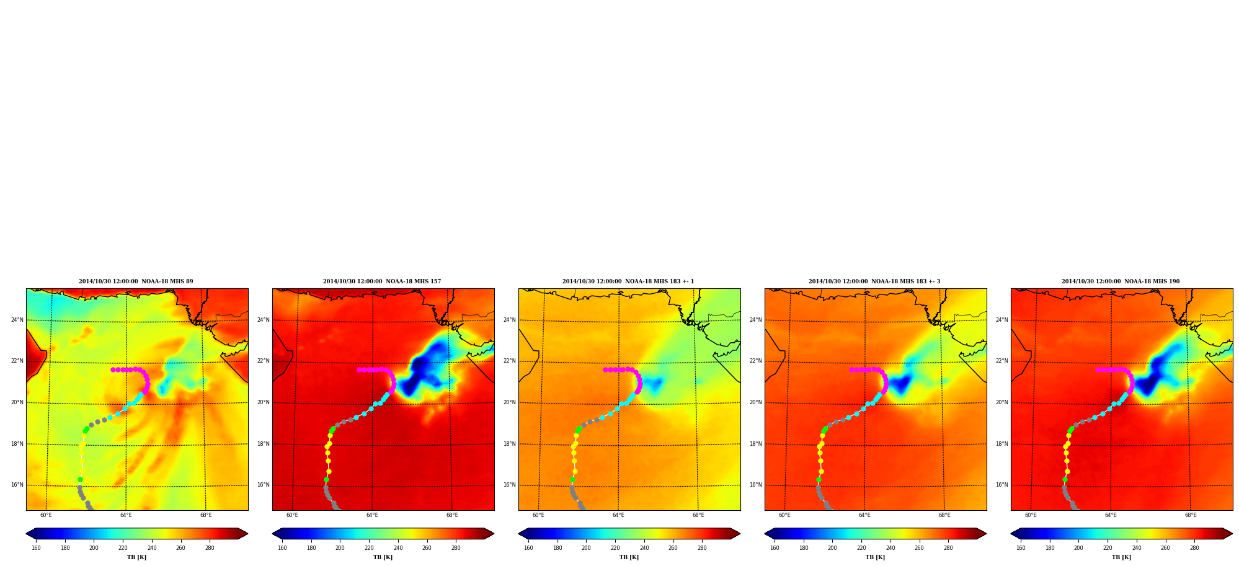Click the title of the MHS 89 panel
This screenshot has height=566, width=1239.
pyautogui.click(x=136, y=281)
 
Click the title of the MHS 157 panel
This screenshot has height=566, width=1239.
pyautogui.click(x=382, y=281)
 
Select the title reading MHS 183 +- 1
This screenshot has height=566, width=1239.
pyautogui.click(x=628, y=281)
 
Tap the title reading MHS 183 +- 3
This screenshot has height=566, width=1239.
pyautogui.click(x=874, y=281)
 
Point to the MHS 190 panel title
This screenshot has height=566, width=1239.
pyautogui.click(x=1121, y=281)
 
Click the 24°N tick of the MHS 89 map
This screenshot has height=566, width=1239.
pyautogui.click(x=17, y=320)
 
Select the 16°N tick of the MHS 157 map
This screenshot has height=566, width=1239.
pyautogui.click(x=264, y=485)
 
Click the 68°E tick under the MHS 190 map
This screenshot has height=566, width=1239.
pyautogui.click(x=1191, y=515)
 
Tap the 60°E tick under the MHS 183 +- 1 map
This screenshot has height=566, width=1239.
pyautogui.click(x=538, y=515)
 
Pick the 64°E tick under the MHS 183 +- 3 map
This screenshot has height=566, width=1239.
pyautogui.click(x=864, y=515)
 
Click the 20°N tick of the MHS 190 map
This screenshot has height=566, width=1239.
pyautogui.click(x=1002, y=402)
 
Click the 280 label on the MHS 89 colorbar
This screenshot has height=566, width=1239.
pyautogui.click(x=210, y=548)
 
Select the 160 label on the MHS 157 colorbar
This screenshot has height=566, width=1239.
pyautogui.click(x=282, y=548)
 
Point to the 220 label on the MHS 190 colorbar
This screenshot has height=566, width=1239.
pyautogui.click(x=1108, y=548)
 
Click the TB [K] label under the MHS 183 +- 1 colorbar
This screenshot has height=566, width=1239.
pyautogui.click(x=629, y=557)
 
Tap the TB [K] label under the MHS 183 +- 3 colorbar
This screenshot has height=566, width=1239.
pyautogui.click(x=875, y=557)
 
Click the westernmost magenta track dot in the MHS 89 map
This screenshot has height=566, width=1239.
pyautogui.click(x=113, y=369)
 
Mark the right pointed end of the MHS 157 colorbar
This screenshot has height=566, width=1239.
pyautogui.click(x=494, y=534)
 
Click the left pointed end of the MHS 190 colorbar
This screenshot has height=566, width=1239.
pyautogui.click(x=1011, y=534)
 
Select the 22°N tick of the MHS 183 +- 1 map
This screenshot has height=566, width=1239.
pyautogui.click(x=510, y=361)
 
